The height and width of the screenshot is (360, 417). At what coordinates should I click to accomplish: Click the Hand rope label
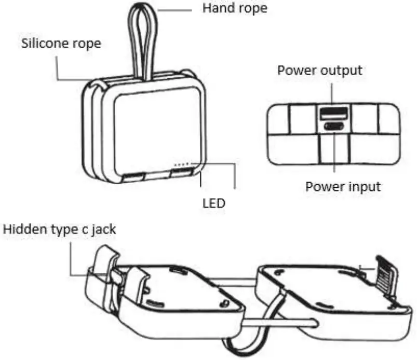[x=234, y=9]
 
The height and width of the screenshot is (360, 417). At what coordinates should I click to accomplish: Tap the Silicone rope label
[x=61, y=43]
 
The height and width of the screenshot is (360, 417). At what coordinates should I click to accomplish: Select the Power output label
[x=319, y=71]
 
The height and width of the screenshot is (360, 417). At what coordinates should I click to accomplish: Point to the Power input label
[x=343, y=186]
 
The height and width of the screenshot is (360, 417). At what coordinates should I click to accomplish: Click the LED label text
[x=213, y=203]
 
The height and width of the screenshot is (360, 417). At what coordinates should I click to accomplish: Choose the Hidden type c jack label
[x=60, y=229]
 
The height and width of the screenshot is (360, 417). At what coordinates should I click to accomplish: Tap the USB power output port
[x=332, y=112]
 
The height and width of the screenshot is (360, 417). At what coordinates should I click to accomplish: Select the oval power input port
[x=332, y=126]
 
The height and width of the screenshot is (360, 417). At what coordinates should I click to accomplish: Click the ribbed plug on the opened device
[x=384, y=273]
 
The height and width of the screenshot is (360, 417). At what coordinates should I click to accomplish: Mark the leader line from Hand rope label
[x=177, y=9]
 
